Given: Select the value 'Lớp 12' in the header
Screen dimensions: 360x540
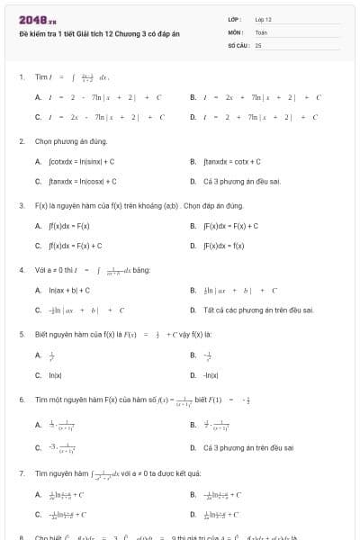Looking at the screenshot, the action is [264, 19].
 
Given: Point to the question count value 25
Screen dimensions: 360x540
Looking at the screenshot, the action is [258, 44].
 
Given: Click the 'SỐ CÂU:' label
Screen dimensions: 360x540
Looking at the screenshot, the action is [238, 44].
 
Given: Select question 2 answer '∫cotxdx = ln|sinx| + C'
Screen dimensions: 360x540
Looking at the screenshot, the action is [81, 161].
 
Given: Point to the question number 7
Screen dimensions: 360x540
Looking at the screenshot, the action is [21, 472].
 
